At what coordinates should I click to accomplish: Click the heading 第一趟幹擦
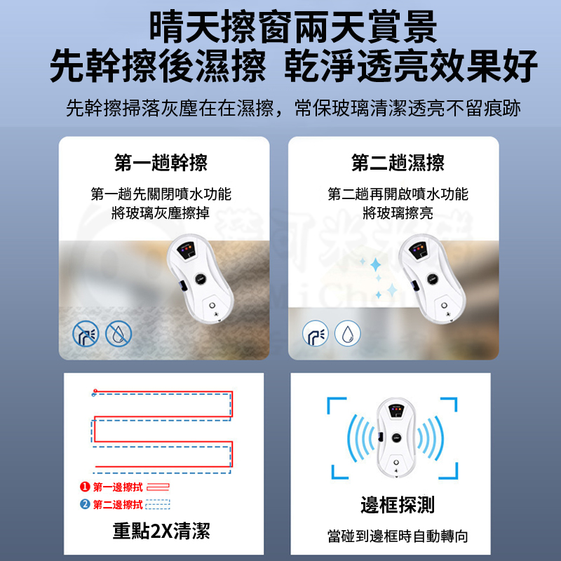point(161,163)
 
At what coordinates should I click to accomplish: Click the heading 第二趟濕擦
point(398,163)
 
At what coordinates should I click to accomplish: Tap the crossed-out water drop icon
point(119,334)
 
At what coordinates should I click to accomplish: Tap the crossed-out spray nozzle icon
point(86,334)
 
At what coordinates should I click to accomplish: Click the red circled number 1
point(85,487)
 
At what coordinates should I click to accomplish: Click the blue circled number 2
point(85,504)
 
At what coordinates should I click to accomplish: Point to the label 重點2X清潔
point(161,531)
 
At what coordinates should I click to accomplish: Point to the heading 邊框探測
point(398,505)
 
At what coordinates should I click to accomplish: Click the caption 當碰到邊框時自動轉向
point(398,536)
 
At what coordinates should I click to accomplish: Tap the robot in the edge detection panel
point(396,438)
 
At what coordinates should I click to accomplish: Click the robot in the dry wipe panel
point(201,278)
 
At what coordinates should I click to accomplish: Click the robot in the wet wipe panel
point(432,278)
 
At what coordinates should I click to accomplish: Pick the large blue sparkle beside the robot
point(376,265)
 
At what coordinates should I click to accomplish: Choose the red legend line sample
point(158,487)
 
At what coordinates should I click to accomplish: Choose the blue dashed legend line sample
point(158,504)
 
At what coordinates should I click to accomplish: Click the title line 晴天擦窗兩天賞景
point(293,27)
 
